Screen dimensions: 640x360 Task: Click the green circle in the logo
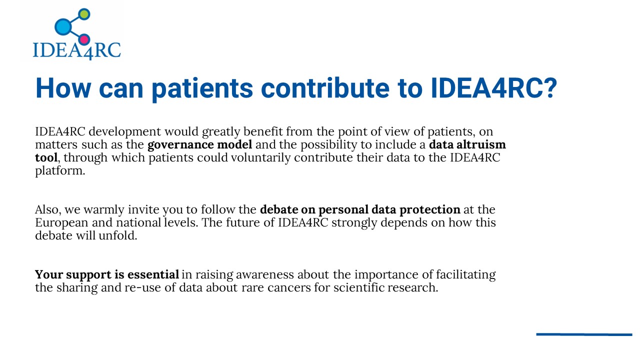(x=84, y=14)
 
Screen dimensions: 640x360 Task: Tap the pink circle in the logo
(x=84, y=39)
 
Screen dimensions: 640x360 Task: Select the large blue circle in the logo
(x=63, y=27)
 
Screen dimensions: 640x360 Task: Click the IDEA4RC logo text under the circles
(x=77, y=51)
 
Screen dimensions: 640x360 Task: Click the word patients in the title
(x=202, y=88)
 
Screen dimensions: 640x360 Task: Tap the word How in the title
(x=63, y=88)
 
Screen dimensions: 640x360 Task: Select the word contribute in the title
(x=325, y=87)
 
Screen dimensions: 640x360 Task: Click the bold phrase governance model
(x=199, y=144)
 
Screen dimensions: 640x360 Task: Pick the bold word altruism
(x=481, y=144)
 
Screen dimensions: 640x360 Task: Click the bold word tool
(x=46, y=157)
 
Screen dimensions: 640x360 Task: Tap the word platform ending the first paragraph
(x=60, y=171)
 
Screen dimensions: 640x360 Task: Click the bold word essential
(x=153, y=274)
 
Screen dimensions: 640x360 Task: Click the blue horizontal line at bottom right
(x=584, y=334)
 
